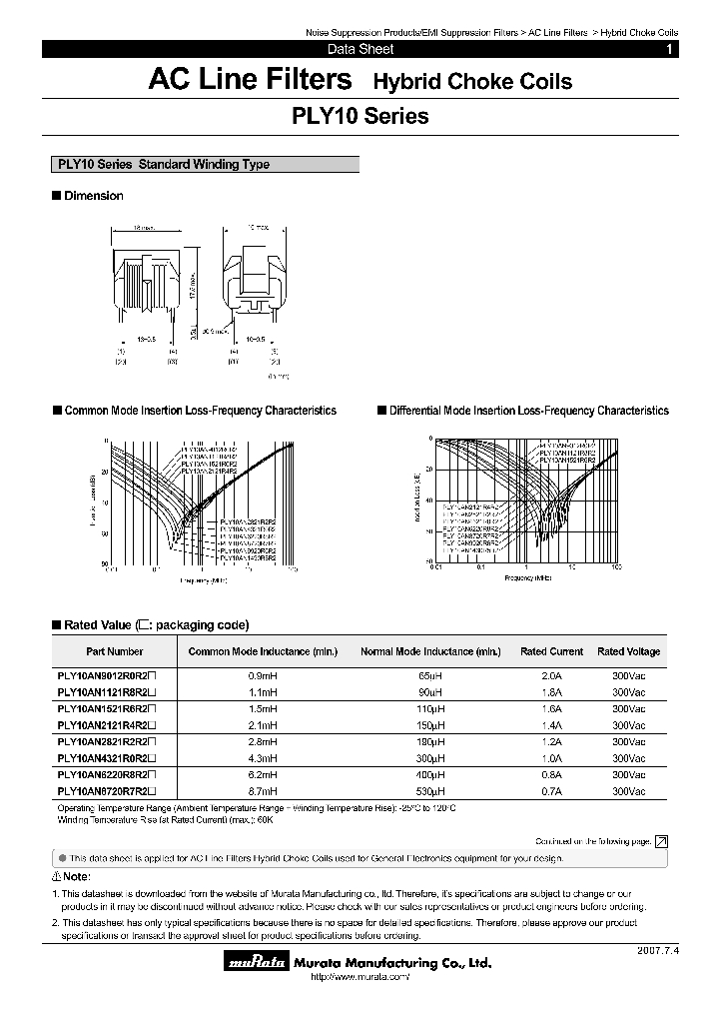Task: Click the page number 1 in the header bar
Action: point(669,49)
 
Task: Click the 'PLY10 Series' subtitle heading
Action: point(359,116)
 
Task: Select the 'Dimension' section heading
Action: point(93,196)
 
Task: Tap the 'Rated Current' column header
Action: point(551,651)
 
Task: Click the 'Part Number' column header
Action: point(115,651)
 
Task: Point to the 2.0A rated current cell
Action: point(551,676)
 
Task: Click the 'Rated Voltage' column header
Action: point(628,651)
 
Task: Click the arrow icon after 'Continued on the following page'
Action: point(661,842)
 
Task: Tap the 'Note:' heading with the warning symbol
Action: point(75,875)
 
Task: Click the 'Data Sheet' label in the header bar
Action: point(360,49)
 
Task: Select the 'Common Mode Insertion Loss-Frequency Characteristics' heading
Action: point(200,411)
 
